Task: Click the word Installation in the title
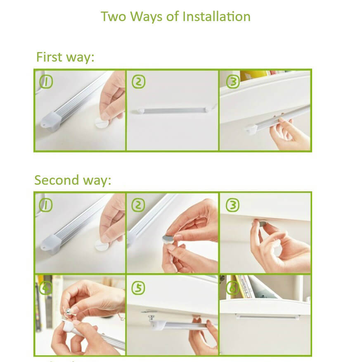216,17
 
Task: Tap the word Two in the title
114,17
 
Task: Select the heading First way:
65,57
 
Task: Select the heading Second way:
73,180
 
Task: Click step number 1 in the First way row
46,82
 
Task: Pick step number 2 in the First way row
139,82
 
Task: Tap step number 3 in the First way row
233,82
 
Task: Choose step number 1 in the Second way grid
46,205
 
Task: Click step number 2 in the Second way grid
138,205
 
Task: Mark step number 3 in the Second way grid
232,205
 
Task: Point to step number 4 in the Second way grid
46,288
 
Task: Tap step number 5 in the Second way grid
138,288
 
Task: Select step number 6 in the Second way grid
232,288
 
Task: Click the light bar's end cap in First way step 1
51,121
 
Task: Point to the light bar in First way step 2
173,110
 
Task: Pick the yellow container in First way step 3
253,76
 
